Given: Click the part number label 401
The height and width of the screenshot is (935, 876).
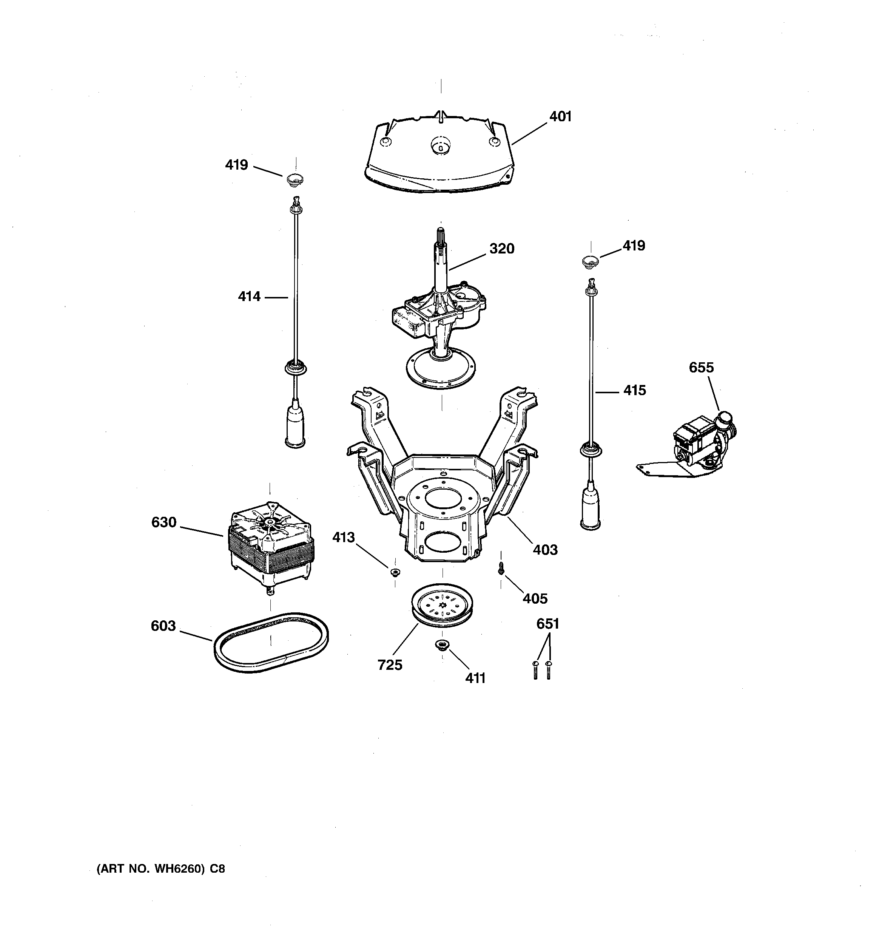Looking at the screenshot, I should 560,116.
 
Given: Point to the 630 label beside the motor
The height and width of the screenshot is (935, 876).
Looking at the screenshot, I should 163,522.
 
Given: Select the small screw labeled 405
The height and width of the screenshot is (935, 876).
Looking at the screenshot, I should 501,568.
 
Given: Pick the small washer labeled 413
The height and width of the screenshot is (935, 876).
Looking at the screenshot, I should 395,572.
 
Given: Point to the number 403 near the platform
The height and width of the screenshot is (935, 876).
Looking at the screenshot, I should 545,549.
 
